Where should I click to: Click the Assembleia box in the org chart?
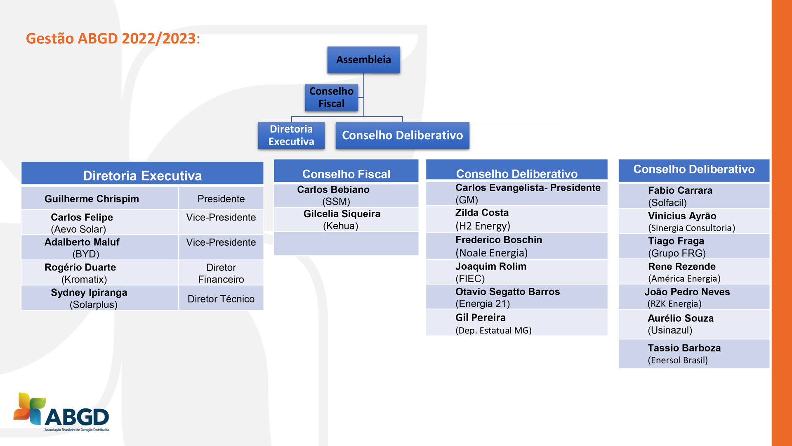363,60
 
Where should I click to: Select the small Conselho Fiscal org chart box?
331,97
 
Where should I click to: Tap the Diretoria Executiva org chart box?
291,135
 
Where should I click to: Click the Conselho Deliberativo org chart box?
402,135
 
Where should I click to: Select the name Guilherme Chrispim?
92,199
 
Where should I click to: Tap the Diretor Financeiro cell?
221,273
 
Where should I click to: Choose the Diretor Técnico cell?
221,299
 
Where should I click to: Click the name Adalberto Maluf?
82,242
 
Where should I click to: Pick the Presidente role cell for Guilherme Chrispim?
221,199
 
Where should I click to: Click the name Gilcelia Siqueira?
342,214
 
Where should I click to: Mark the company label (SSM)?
336,202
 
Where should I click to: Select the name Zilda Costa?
482,213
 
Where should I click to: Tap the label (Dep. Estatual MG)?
493,331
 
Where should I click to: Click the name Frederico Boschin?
499,240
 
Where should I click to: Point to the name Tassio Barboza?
684,348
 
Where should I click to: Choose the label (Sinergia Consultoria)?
691,228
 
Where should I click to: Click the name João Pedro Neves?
687,292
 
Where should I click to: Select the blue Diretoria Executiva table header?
142,176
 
